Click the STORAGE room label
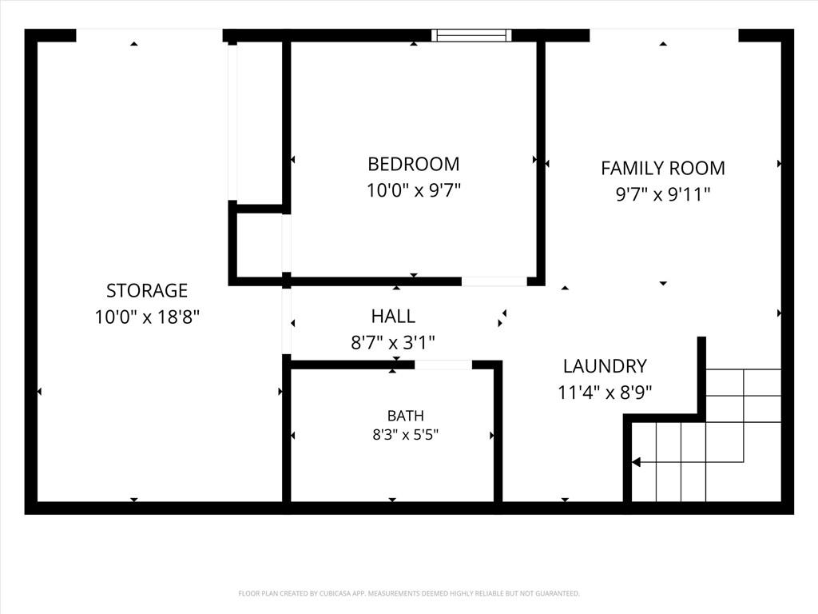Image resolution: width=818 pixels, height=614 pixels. (x=147, y=290)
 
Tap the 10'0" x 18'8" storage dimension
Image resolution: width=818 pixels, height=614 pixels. (x=147, y=317)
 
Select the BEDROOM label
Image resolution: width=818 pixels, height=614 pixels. (x=414, y=164)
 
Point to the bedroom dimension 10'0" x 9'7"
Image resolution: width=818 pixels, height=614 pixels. (x=414, y=190)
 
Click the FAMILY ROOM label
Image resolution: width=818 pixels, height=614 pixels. (x=663, y=168)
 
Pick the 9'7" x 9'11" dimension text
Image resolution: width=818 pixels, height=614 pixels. (x=663, y=194)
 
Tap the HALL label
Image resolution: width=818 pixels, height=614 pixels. (x=393, y=316)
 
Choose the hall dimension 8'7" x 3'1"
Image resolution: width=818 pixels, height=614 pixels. (x=393, y=342)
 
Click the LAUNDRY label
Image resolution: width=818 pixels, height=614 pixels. (x=606, y=366)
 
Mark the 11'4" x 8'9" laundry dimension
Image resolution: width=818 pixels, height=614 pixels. (x=606, y=392)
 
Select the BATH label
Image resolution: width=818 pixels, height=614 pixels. (x=405, y=416)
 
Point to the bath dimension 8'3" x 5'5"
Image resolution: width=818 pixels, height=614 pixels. (x=405, y=434)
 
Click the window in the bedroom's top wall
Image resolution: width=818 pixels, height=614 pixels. (x=471, y=35)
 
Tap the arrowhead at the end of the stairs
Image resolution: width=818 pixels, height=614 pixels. (x=636, y=462)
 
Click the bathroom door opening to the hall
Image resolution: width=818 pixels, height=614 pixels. (x=443, y=365)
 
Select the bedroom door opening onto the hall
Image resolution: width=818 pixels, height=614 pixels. (x=494, y=281)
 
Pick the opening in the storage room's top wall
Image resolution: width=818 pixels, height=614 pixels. (x=149, y=35)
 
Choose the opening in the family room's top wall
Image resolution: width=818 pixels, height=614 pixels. (x=664, y=35)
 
